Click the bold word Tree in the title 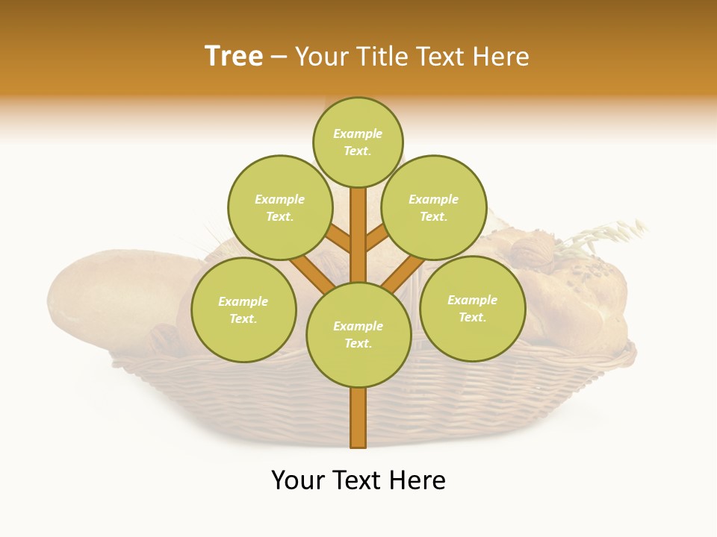[234, 57]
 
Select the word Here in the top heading [502, 57]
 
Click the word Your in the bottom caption [298, 480]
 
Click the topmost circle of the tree [358, 142]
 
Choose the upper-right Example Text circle [433, 207]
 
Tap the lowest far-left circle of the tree [243, 310]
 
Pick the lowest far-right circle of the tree [472, 308]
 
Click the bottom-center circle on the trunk [358, 335]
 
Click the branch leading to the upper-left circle [338, 239]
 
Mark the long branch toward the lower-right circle [403, 273]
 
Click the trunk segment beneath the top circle [358, 224]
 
